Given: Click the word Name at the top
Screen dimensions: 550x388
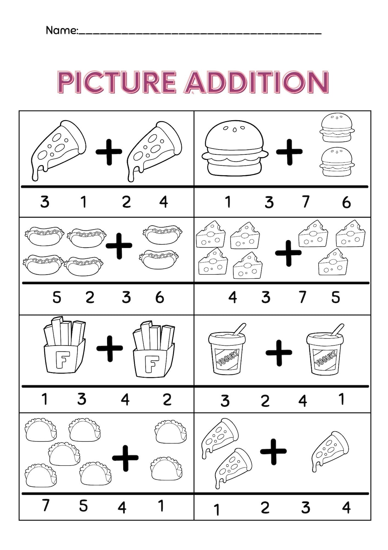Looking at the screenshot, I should click(61, 30).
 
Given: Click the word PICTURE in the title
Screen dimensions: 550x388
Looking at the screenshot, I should click(117, 82).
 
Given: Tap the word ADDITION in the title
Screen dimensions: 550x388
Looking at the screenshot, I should click(257, 82).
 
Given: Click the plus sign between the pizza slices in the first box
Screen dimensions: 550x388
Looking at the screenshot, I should click(109, 152).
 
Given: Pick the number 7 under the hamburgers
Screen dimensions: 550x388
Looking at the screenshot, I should click(305, 202).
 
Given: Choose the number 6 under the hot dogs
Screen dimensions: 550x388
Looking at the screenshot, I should click(160, 298).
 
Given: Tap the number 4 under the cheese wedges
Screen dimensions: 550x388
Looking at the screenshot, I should click(233, 297).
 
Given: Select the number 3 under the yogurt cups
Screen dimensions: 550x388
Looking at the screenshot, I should click(225, 401).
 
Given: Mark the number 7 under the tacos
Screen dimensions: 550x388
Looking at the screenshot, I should click(45, 505).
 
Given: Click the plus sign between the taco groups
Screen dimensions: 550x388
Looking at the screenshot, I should click(125, 458).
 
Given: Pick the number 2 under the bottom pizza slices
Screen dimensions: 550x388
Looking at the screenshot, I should click(265, 508).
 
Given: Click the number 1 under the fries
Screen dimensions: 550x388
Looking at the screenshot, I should click(45, 399).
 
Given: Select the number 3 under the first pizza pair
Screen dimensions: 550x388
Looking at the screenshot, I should click(45, 202).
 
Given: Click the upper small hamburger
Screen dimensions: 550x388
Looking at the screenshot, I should click(337, 127).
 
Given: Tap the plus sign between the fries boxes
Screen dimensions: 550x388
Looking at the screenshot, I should click(110, 348).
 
